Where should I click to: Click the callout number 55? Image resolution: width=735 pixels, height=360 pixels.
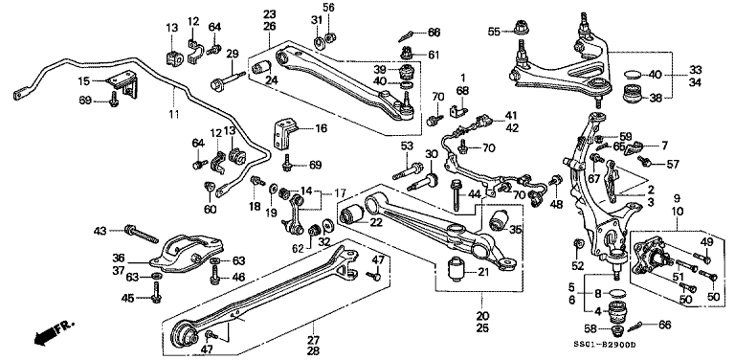(x=494, y=32)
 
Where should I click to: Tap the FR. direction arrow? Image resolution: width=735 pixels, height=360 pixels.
(x=48, y=335)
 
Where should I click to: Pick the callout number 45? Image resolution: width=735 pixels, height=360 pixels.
(x=126, y=298)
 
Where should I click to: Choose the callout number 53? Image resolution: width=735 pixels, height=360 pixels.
(x=406, y=146)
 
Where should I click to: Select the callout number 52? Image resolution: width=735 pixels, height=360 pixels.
(x=578, y=265)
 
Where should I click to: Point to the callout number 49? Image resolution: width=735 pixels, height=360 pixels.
(x=706, y=241)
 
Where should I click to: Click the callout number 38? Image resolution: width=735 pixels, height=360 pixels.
(x=655, y=97)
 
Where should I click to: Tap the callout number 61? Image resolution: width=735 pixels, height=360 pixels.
(x=434, y=56)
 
